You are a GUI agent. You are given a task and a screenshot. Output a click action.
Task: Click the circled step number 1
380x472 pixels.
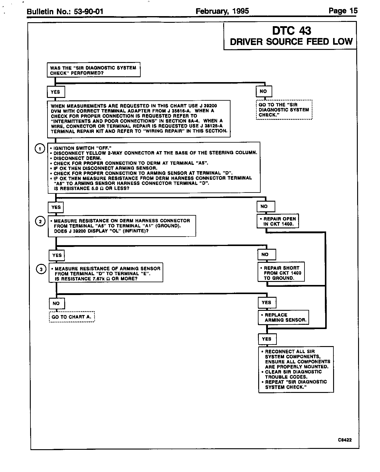click(40, 149)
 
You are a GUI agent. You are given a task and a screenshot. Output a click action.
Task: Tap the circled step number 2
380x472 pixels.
click(40, 221)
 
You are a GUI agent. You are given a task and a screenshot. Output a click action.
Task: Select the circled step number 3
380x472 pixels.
click(41, 269)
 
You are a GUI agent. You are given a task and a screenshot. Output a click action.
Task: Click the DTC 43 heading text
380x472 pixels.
click(291, 31)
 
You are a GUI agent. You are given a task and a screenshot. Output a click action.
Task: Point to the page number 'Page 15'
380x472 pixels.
click(343, 11)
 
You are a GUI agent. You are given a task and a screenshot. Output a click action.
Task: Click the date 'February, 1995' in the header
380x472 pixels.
click(222, 12)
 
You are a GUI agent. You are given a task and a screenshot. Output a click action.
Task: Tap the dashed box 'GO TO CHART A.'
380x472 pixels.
click(72, 317)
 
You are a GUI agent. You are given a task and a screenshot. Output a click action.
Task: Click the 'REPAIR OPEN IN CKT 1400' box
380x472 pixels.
click(278, 221)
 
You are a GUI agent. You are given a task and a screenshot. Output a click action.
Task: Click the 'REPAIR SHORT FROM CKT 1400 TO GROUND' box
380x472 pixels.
click(281, 273)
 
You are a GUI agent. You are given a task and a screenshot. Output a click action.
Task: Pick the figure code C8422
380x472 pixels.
click(344, 440)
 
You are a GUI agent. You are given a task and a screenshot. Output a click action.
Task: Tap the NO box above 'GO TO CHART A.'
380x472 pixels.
click(56, 303)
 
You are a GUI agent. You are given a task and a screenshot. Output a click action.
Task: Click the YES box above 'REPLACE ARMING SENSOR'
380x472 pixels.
click(266, 303)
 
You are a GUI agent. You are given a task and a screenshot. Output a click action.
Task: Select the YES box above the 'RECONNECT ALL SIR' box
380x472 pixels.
click(267, 339)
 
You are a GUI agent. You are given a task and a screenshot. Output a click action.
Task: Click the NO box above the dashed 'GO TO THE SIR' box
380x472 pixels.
click(264, 91)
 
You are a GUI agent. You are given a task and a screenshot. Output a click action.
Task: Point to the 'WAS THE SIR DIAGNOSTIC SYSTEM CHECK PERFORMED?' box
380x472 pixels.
click(93, 71)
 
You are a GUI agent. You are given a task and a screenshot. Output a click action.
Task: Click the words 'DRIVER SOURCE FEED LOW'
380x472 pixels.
click(291, 42)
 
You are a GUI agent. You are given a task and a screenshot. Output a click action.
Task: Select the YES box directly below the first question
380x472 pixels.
click(56, 92)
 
